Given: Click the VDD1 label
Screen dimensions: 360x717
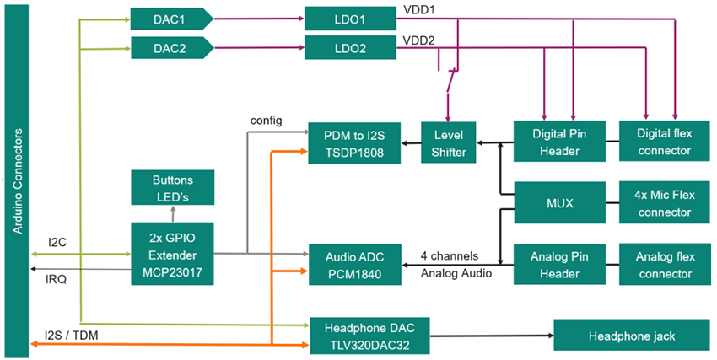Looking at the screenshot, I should [420, 10].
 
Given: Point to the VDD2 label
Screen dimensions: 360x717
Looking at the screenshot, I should [420, 40].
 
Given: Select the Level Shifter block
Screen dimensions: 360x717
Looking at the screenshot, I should [449, 142].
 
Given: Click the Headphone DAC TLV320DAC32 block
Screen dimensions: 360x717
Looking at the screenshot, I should [369, 336].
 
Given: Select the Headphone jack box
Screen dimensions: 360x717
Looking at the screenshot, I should [631, 336].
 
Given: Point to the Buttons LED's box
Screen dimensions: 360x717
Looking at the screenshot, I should [172, 187].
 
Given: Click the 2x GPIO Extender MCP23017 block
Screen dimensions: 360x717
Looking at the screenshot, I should [172, 254].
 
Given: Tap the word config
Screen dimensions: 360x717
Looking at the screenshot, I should [268, 120].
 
